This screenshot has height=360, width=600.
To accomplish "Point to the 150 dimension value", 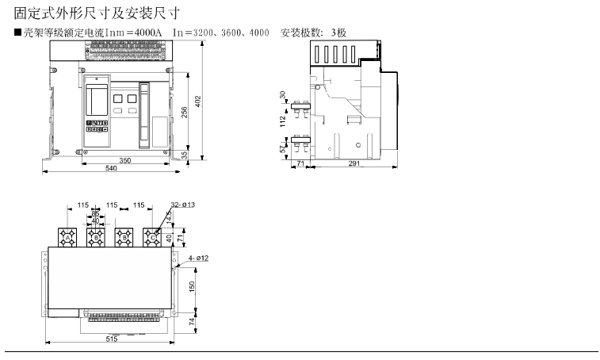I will [193, 285].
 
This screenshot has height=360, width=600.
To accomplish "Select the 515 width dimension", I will [111, 339].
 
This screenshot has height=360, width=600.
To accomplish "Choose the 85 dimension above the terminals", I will [96, 213].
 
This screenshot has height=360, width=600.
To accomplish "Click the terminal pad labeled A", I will [69, 237].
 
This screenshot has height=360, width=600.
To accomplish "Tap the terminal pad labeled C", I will [151, 237].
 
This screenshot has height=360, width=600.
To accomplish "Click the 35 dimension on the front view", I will [185, 155].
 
